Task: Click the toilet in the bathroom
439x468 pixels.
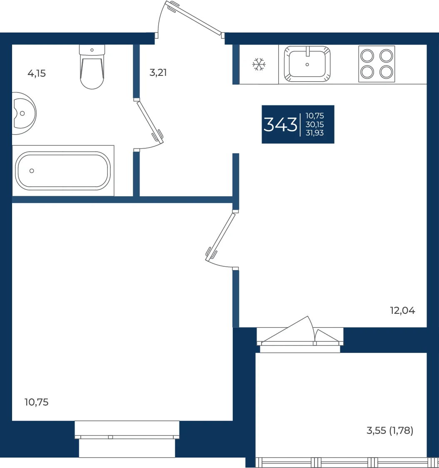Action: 92,67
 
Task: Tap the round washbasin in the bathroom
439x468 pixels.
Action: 24,113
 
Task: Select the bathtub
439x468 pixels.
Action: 63,171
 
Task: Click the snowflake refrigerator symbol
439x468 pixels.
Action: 259,65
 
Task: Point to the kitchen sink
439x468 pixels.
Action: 307,64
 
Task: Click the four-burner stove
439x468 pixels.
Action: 377,64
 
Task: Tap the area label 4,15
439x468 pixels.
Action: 37,73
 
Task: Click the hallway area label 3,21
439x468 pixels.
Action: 158,73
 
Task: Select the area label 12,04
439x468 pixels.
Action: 402,311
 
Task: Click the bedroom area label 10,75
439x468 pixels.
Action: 36,402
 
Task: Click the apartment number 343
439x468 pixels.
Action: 280,125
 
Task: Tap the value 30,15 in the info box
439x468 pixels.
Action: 314,125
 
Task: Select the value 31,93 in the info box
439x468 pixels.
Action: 314,133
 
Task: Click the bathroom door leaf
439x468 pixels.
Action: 150,121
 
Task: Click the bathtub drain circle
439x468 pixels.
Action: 32,171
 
